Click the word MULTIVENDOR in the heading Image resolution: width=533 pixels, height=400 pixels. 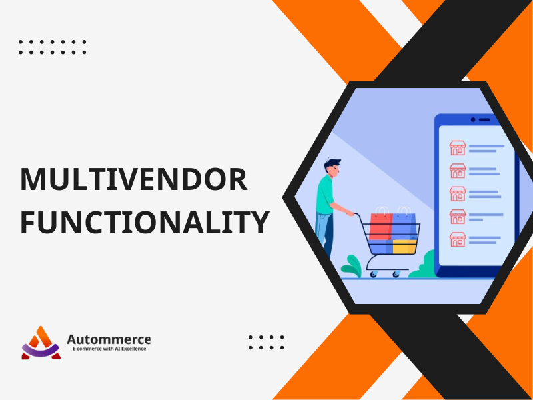134,179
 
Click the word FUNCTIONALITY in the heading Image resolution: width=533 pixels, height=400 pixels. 145,222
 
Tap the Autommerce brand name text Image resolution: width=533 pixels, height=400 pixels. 109,339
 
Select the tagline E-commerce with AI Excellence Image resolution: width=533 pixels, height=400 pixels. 109,349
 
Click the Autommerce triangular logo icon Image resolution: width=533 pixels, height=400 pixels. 41,343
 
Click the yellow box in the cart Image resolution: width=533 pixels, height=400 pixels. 404,247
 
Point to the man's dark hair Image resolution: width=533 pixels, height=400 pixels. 331,164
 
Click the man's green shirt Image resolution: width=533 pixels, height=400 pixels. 324,195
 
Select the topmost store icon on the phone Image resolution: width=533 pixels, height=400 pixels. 458,148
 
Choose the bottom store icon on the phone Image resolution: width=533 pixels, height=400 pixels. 458,239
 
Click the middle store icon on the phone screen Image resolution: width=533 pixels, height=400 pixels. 458,193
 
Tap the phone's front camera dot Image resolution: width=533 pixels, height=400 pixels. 473,120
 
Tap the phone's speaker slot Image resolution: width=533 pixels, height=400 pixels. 484,120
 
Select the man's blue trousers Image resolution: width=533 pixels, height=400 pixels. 324,235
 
